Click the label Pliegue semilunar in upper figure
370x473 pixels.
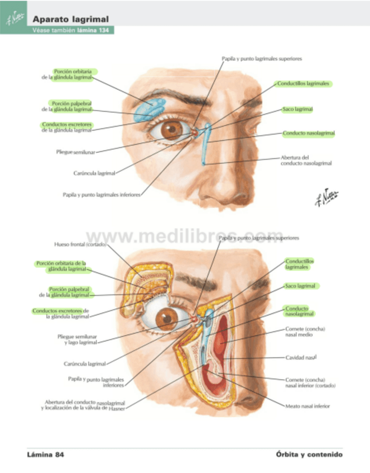click(x=76, y=152)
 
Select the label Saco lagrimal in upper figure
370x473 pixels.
click(x=297, y=109)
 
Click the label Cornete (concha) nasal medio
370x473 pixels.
click(x=305, y=332)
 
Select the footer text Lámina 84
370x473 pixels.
click(x=46, y=455)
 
